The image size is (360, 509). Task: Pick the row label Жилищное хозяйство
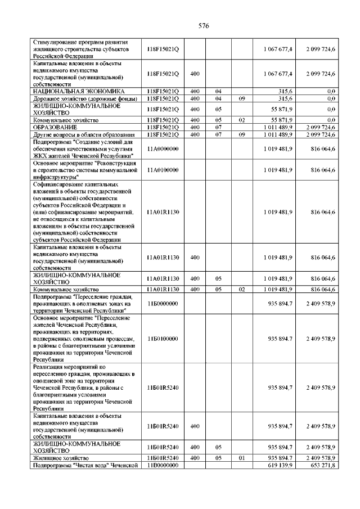[58, 458]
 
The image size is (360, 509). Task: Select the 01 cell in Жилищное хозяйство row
[242, 458]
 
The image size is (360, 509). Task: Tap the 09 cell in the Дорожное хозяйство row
[242, 98]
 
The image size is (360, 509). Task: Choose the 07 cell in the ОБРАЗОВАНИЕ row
[218, 128]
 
